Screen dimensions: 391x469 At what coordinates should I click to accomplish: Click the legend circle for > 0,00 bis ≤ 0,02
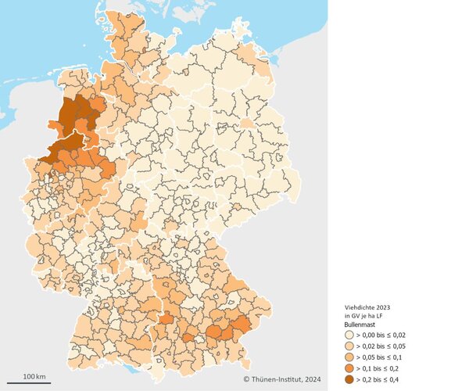click(349, 335)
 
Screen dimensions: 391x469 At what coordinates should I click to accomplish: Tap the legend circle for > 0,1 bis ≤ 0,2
click(349, 368)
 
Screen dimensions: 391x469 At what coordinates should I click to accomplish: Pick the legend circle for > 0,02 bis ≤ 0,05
click(349, 346)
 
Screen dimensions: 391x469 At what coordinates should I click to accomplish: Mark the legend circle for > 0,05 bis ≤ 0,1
click(349, 357)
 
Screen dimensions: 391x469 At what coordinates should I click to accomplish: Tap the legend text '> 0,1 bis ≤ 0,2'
click(379, 368)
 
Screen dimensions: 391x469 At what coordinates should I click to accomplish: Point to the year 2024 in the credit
click(310, 380)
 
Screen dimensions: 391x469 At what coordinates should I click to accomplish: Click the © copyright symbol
click(246, 380)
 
